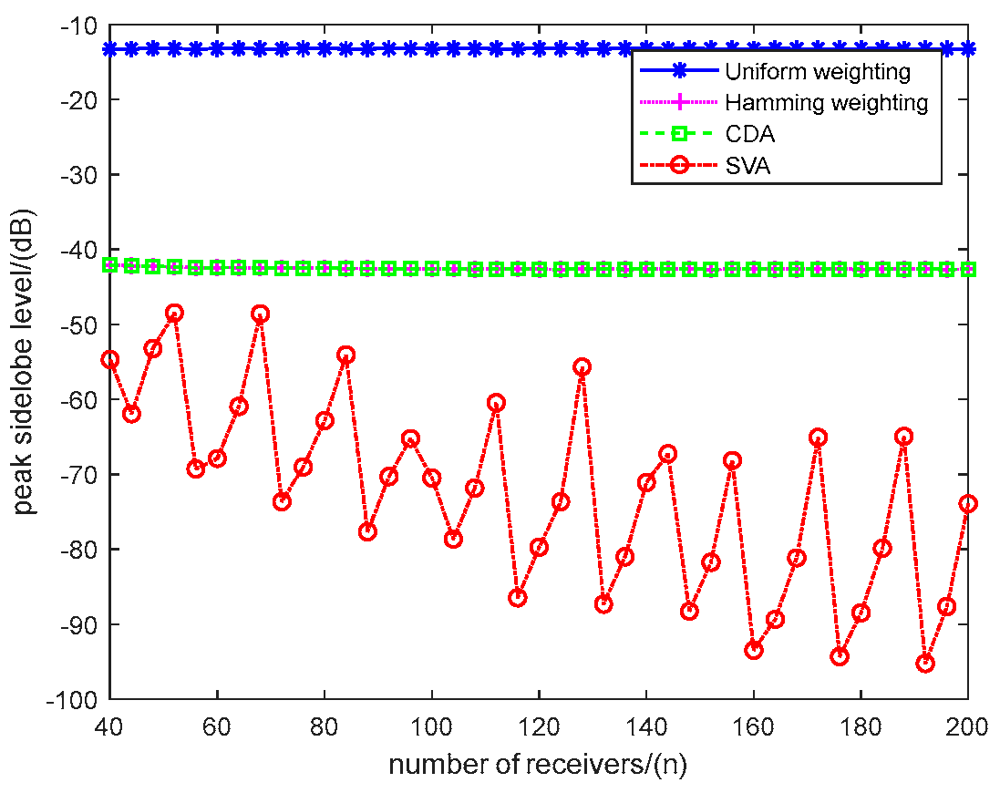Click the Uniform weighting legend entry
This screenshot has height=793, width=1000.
(816, 70)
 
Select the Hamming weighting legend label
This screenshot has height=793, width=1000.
(826, 103)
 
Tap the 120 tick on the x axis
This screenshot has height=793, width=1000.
(539, 726)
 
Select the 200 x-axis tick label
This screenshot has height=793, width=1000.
(968, 726)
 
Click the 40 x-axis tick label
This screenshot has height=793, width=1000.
(110, 726)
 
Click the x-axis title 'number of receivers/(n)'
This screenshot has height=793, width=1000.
(538, 763)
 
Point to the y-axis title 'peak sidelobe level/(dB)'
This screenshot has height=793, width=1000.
(26, 362)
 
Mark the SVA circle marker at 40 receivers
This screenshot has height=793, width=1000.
(110, 359)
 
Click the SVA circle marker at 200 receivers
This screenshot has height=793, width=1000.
(968, 504)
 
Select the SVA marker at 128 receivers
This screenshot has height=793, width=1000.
(582, 367)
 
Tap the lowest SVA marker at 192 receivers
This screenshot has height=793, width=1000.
(925, 664)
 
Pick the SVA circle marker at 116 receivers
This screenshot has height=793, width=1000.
(518, 598)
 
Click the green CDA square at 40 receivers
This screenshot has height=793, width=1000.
(110, 265)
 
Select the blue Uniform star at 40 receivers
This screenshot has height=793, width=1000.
(110, 48)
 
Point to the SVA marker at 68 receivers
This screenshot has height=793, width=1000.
(260, 314)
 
